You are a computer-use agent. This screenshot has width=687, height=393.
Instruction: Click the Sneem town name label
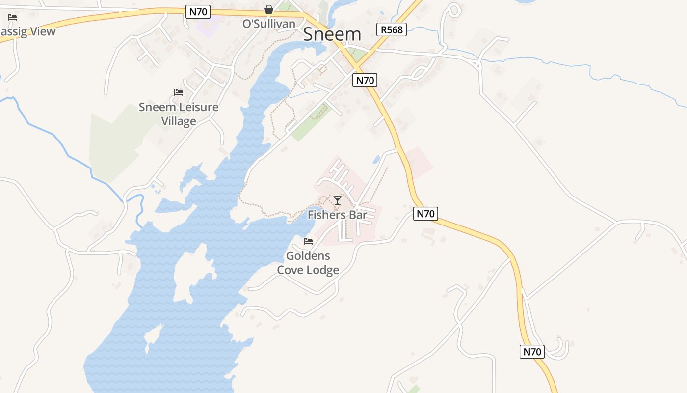pos(332,34)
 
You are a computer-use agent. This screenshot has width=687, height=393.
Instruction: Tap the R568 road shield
pos(392,29)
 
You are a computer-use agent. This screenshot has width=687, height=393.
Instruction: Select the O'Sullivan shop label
pos(269,24)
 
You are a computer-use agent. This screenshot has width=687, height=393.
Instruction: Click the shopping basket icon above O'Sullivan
pos(269,9)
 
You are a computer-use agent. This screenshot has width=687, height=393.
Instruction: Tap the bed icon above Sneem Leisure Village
pos(179,92)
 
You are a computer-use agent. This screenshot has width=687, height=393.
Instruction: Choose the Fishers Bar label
pos(337,215)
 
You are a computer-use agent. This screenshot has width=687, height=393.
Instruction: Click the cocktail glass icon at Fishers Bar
pos(338,200)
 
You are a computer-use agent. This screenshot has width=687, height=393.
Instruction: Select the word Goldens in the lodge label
pos(308,256)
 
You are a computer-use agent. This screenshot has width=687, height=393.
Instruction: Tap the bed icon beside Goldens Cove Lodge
pos(308,241)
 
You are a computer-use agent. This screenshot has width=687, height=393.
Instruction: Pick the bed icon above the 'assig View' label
pos(12,17)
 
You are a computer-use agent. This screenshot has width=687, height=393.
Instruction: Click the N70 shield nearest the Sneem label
pos(365,80)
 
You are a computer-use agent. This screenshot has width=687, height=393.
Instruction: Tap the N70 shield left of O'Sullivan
pos(198,12)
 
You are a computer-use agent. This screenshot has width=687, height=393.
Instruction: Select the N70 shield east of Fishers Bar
pos(425,214)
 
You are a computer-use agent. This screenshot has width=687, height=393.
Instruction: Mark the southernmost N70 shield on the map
pos(532,352)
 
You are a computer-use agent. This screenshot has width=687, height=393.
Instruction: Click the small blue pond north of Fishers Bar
pos(376,159)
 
